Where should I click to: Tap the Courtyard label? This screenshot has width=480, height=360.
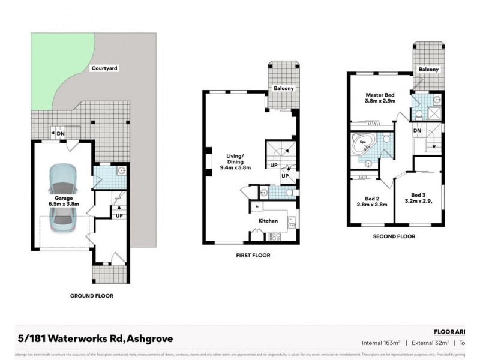[x=104, y=69]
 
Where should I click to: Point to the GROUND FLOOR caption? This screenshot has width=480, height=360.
[x=92, y=296]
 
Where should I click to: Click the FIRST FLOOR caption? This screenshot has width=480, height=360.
[x=253, y=255]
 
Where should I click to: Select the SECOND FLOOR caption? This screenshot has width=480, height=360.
[x=394, y=236]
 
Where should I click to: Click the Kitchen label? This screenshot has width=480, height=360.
[x=268, y=221]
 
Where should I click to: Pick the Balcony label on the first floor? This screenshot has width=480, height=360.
[x=284, y=89]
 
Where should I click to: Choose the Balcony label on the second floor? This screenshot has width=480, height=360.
[x=428, y=70]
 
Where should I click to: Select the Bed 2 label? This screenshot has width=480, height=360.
[x=372, y=202]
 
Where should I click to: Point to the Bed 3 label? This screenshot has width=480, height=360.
[x=419, y=197]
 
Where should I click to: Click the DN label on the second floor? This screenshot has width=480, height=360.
[x=418, y=130]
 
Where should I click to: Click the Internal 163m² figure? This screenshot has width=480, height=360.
[x=380, y=343]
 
